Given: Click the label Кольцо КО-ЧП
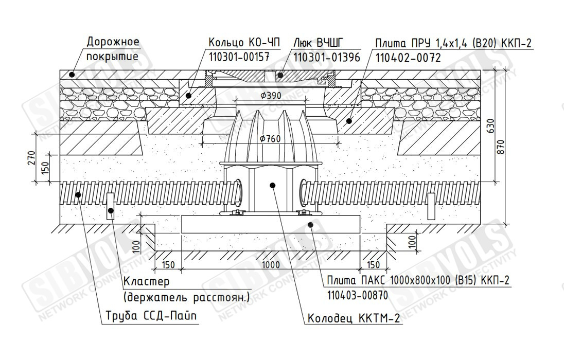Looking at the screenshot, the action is pyautogui.click(x=244, y=43).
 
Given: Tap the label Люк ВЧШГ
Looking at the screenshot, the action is pyautogui.click(x=319, y=43).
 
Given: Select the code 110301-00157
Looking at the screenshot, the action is pyautogui.click(x=239, y=57).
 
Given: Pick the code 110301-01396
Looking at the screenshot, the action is pyautogui.click(x=327, y=57).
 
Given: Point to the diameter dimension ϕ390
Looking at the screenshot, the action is pyautogui.click(x=271, y=96).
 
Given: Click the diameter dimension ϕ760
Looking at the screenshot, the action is pyautogui.click(x=270, y=138).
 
